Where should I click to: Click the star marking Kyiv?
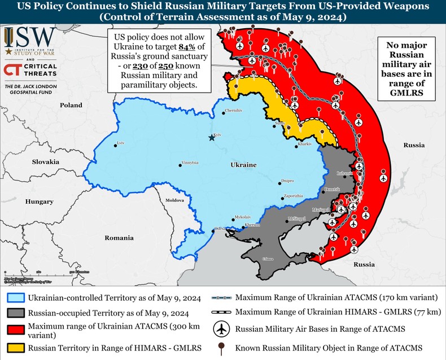point(212,138)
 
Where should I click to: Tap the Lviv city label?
point(119,142)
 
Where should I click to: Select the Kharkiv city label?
point(304,144)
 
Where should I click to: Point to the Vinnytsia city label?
point(190,163)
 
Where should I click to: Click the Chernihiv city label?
point(233,111)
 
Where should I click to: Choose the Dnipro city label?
point(287,181)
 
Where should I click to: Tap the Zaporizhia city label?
point(293,195)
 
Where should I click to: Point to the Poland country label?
point(71,105)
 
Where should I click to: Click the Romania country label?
point(119,238)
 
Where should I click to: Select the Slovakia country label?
point(46,161)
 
